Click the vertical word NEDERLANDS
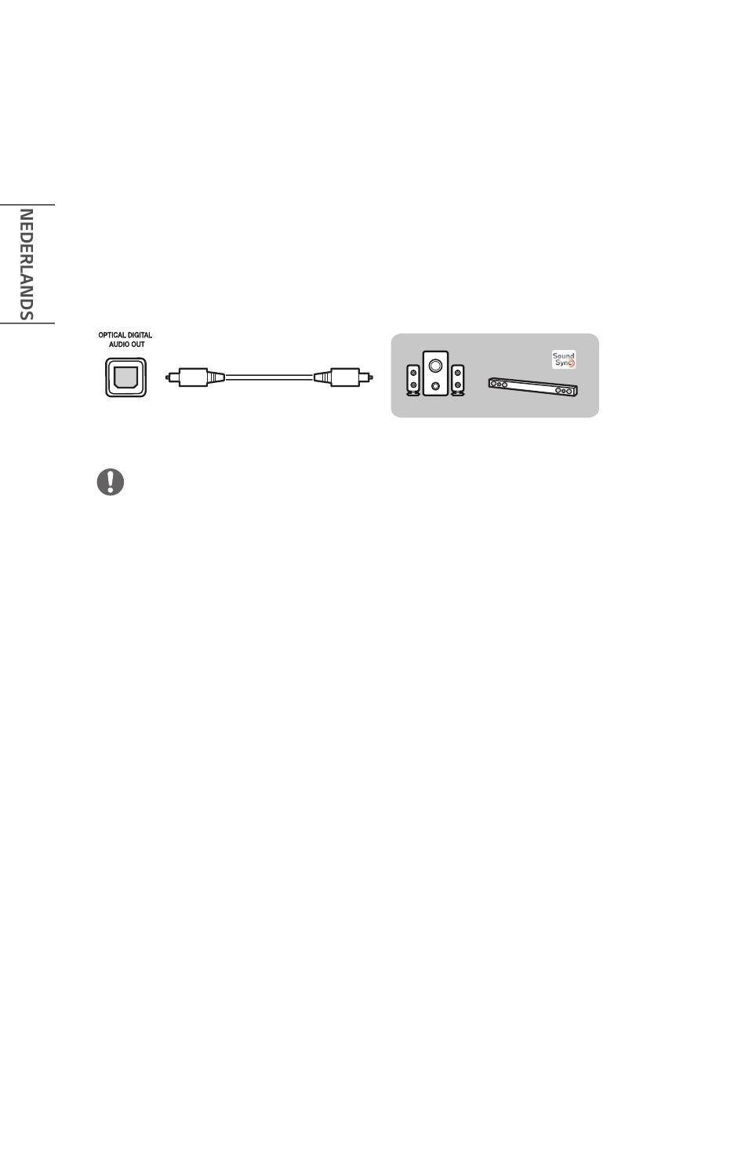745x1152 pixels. point(26,264)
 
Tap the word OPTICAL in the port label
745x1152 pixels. point(113,336)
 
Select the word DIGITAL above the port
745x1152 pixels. point(140,336)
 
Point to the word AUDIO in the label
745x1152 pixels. point(118,345)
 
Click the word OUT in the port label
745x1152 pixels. point(137,345)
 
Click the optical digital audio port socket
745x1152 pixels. point(125,377)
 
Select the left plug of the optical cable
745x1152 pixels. point(193,377)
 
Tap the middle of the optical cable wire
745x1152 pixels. point(269,377)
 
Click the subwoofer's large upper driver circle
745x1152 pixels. point(436,366)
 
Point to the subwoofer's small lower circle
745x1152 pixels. point(436,386)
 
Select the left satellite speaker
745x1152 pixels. point(412,380)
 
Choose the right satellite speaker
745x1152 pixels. point(458,380)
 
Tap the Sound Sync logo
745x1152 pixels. point(563,360)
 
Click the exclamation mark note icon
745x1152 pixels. point(111,481)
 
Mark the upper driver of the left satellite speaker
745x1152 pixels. point(412,372)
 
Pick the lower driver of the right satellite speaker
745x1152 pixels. point(458,386)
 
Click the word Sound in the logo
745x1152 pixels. point(563,356)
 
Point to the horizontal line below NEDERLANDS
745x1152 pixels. point(27,323)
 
